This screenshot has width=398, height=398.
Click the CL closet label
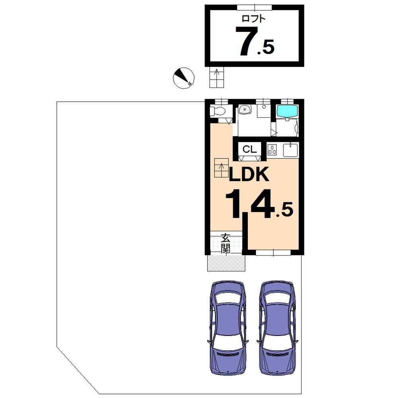tap(250, 149)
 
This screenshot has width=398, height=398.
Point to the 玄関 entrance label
tap(226, 244)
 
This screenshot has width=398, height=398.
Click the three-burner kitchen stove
tap(273, 150)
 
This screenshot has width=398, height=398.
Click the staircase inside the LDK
tap(221, 168)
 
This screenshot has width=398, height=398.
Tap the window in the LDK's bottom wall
tap(273, 252)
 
